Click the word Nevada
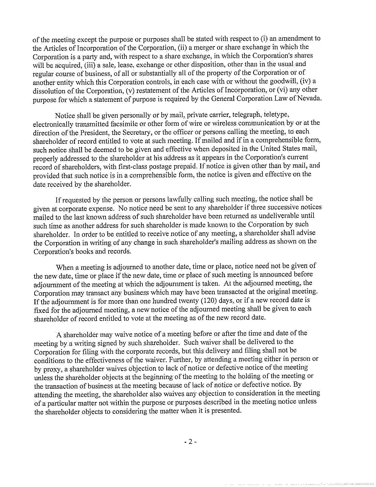310,98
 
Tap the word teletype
278,114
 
